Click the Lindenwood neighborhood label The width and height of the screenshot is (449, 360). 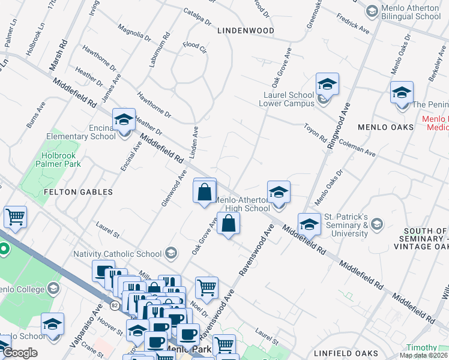(x=246, y=30)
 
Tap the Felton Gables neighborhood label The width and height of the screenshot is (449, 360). (x=78, y=192)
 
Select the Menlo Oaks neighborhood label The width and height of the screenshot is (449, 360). (x=385, y=127)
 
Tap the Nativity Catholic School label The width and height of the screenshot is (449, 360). (x=119, y=254)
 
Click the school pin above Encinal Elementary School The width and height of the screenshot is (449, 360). (x=124, y=120)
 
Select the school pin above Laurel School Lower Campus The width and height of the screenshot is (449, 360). (x=327, y=84)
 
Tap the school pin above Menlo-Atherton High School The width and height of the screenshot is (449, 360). (x=279, y=192)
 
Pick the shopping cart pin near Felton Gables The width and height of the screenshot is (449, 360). (x=15, y=217)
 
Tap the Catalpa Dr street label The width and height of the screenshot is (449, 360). (x=198, y=17)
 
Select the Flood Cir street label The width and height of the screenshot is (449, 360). (x=194, y=46)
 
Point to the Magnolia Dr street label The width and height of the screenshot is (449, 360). (x=134, y=32)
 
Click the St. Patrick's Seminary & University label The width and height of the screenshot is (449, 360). (x=346, y=224)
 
